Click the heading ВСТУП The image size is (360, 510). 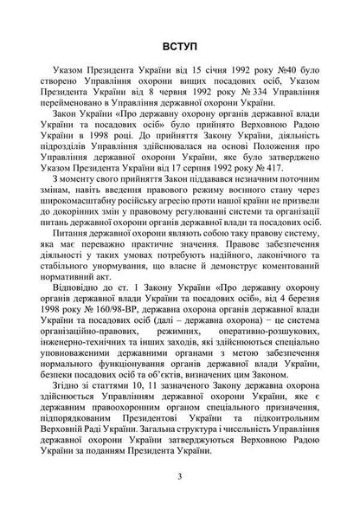coord(179,44)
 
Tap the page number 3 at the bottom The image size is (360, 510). coord(179,474)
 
